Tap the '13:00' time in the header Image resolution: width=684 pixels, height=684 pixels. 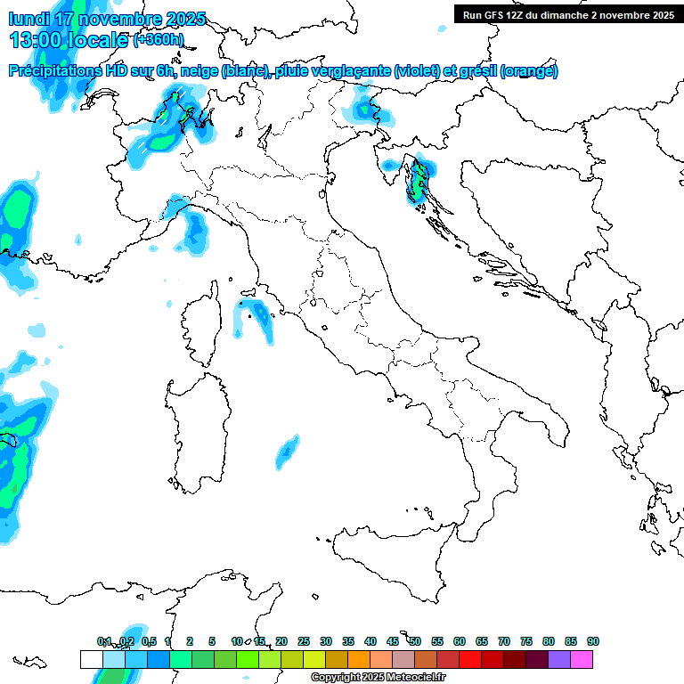pos(34,39)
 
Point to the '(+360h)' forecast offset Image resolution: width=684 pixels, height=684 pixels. pos(159,40)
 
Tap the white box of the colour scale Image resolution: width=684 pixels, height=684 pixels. pos(91,659)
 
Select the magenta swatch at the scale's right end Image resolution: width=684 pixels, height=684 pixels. pos(582,659)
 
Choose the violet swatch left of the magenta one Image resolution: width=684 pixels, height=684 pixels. pos(559,659)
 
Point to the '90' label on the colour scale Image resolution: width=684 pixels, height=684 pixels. pos(592,641)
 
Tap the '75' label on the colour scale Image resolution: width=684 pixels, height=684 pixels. pos(526,641)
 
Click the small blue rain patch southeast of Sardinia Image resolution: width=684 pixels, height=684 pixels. pos(287,452)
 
